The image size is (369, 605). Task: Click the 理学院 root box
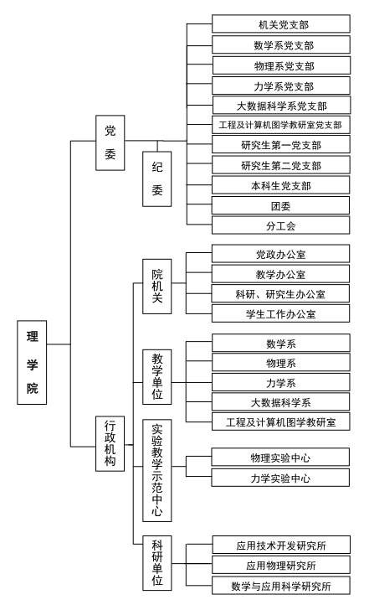[x=32, y=362]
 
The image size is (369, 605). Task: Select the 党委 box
[x=110, y=142]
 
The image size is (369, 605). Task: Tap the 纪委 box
[x=156, y=178]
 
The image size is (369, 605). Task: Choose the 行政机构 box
[x=110, y=443]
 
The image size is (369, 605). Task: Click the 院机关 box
[x=156, y=287]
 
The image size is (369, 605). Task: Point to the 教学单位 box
[x=156, y=377]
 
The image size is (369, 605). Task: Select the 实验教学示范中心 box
[x=156, y=470]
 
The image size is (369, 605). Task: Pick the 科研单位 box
[x=156, y=563]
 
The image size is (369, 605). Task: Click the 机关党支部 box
[x=281, y=24]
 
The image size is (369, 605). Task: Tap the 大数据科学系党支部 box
[x=282, y=105]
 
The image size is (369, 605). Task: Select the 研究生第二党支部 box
[x=281, y=165]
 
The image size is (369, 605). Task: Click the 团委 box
[x=280, y=205]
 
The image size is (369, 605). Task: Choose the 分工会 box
[x=281, y=225]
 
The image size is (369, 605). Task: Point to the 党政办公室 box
[x=281, y=254]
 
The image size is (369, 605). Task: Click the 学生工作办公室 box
[x=281, y=313]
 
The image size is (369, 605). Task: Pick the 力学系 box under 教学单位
[x=281, y=382]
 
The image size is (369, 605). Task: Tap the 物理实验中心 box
[x=280, y=458]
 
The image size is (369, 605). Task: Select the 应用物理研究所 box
[x=281, y=565]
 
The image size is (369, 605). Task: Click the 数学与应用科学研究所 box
[x=281, y=586]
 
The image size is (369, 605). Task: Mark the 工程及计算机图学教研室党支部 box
[x=281, y=125]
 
